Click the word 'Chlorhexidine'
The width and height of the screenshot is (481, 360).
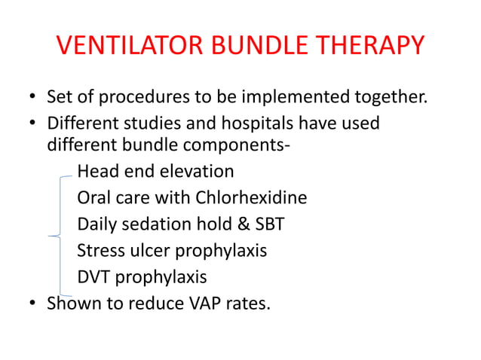[251, 198]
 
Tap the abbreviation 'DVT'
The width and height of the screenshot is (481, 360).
[94, 277]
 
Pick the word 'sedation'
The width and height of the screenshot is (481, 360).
[152, 224]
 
